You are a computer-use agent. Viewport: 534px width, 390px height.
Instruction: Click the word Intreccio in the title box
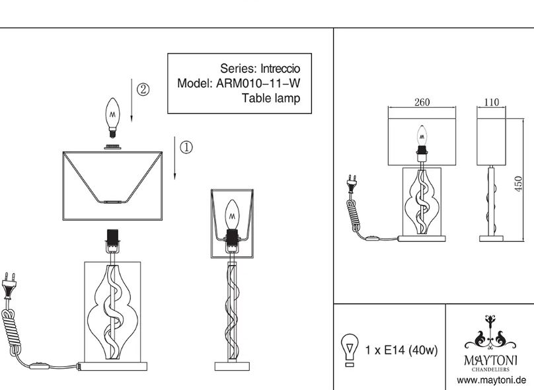coord(280,69)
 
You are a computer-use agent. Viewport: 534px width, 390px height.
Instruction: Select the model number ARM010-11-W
coord(258,83)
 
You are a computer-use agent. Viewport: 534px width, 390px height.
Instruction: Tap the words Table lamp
coord(271,98)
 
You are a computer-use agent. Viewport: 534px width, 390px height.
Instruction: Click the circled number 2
coord(143,89)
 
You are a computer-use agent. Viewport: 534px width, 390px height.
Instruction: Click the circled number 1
coord(186,147)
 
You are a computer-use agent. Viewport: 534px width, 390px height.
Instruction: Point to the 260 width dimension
coord(422,102)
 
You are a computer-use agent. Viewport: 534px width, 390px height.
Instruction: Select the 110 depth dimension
coord(492,102)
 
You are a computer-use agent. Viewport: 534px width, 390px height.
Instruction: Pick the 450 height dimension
coord(518,184)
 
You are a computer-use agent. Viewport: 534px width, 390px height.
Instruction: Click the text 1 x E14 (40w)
coord(401,350)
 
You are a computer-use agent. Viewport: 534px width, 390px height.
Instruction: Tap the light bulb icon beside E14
coord(350,350)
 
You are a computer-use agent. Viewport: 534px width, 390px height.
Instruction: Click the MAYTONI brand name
coord(490,360)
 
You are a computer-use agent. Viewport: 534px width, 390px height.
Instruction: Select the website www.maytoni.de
coord(492,380)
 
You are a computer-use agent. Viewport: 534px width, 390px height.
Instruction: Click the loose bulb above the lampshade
coord(112,118)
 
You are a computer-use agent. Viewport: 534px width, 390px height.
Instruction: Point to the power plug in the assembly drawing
coord(9,284)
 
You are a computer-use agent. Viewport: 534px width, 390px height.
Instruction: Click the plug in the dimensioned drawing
coord(352,183)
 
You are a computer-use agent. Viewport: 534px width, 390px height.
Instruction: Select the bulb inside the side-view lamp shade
coord(232,215)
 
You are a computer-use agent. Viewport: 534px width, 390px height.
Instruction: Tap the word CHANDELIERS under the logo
coord(490,370)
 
